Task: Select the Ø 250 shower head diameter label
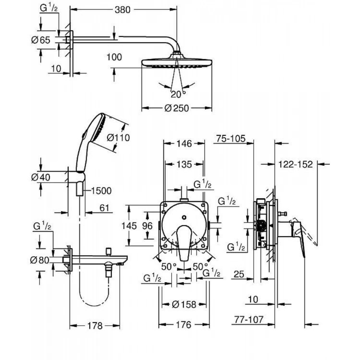click(x=177, y=108)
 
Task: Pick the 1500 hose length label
click(x=100, y=191)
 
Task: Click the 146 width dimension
click(x=183, y=144)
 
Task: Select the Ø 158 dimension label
click(x=184, y=304)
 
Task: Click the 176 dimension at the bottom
click(x=184, y=325)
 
